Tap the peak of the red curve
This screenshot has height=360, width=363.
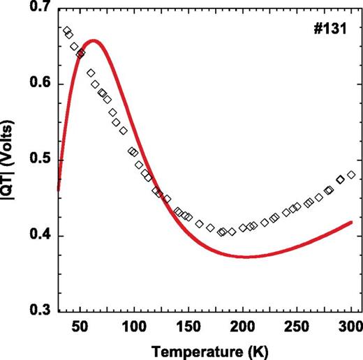coord(94,40)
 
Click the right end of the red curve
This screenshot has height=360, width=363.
coord(351,223)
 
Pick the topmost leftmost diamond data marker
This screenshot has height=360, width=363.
coord(66,31)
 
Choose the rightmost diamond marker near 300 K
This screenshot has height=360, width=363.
coord(351,174)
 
